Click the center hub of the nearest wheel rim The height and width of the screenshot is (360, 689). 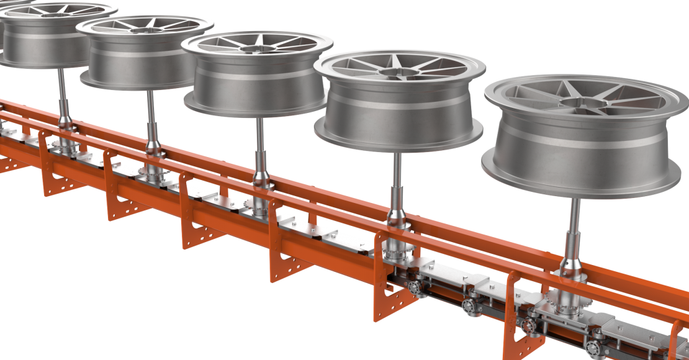tap(578, 102)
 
